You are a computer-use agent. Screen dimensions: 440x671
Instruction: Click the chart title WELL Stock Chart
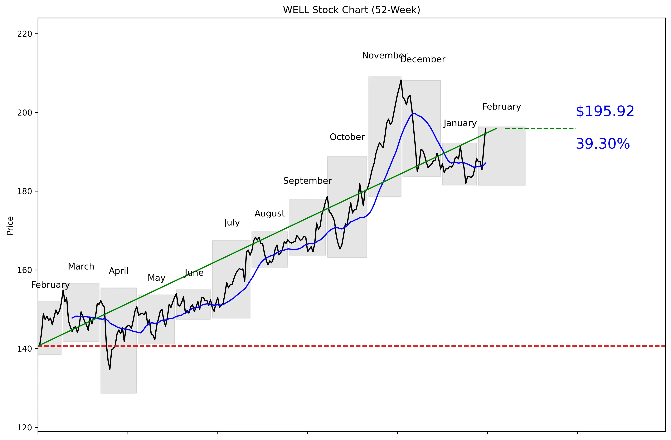(x=351, y=10)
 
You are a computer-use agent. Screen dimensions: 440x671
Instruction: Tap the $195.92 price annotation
(x=605, y=111)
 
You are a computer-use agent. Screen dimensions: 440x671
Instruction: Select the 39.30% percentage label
(x=602, y=144)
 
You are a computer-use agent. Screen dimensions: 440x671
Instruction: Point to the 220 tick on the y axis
(x=25, y=34)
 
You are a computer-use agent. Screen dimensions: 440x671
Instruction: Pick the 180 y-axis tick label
(x=25, y=191)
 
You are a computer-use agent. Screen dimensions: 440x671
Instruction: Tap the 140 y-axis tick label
(x=25, y=349)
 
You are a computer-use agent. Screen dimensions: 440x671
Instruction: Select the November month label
(x=385, y=56)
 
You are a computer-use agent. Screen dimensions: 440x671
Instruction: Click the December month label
(x=422, y=60)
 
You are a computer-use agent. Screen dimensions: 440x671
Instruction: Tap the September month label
(x=307, y=181)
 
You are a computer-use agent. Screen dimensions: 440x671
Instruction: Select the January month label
(x=460, y=123)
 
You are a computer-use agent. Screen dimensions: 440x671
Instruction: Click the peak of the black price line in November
(x=401, y=80)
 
